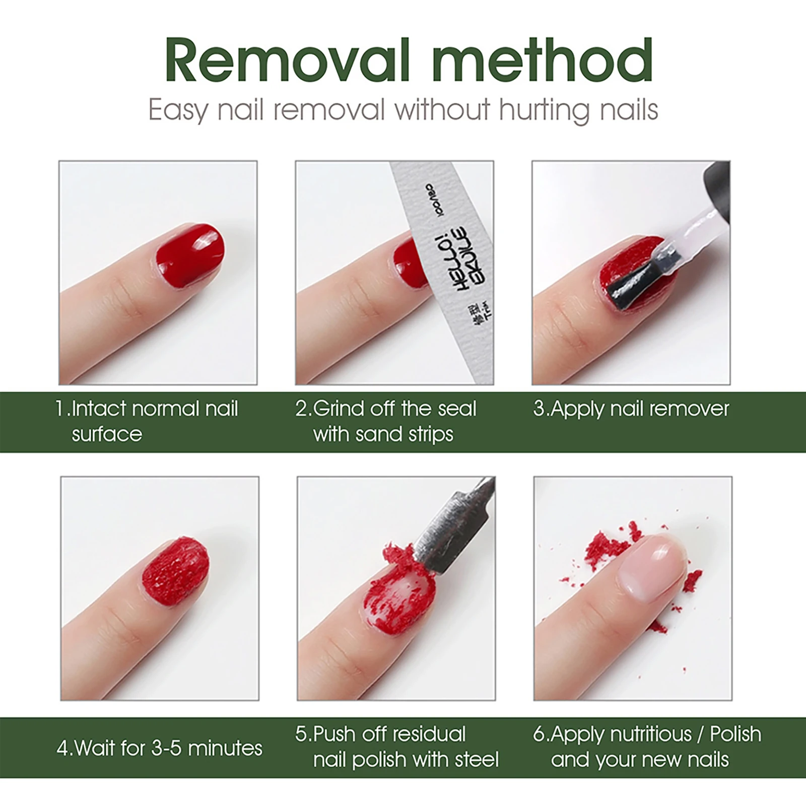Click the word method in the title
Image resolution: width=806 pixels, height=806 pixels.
543,61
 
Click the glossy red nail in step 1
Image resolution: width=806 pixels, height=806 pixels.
190,255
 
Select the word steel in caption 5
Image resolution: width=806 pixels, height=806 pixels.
477,760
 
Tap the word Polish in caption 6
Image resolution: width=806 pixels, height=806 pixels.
735,734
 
